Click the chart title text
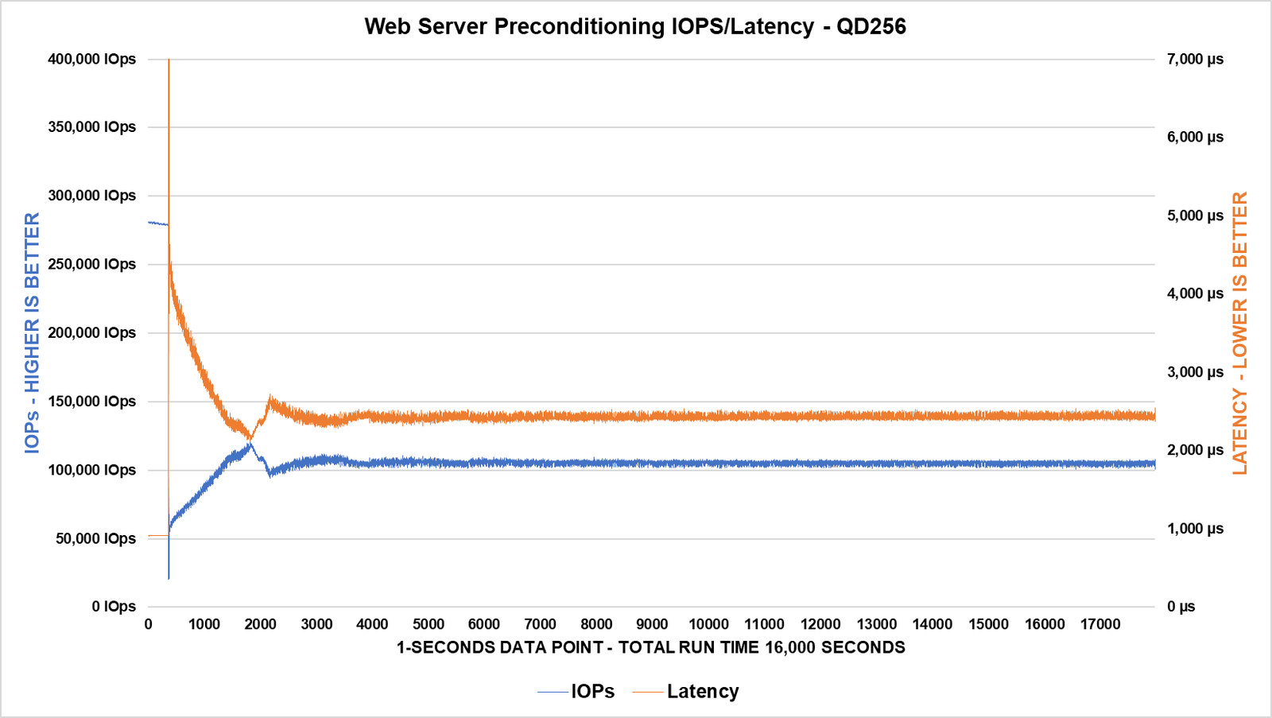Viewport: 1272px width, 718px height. (635, 26)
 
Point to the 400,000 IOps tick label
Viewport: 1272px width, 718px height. (91, 59)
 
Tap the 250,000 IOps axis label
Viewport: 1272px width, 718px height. (91, 264)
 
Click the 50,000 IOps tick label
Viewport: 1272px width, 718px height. (95, 538)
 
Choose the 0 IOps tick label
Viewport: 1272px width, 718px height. (114, 607)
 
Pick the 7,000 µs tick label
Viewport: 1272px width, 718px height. (1195, 59)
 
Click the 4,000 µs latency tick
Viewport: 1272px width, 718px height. (1195, 293)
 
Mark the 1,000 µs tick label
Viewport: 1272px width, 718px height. (1195, 529)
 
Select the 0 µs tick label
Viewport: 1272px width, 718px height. (1181, 607)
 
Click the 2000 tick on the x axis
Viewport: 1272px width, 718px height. (260, 624)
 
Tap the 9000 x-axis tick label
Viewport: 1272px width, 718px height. (652, 624)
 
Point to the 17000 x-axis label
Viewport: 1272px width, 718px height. (1100, 624)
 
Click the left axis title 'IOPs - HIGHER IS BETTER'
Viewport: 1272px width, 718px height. (32, 332)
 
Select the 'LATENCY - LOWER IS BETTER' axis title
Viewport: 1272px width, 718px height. (1240, 332)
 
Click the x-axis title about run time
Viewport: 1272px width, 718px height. (650, 647)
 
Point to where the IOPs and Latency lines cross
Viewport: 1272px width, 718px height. (250, 439)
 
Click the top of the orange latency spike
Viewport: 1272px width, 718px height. (169, 60)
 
